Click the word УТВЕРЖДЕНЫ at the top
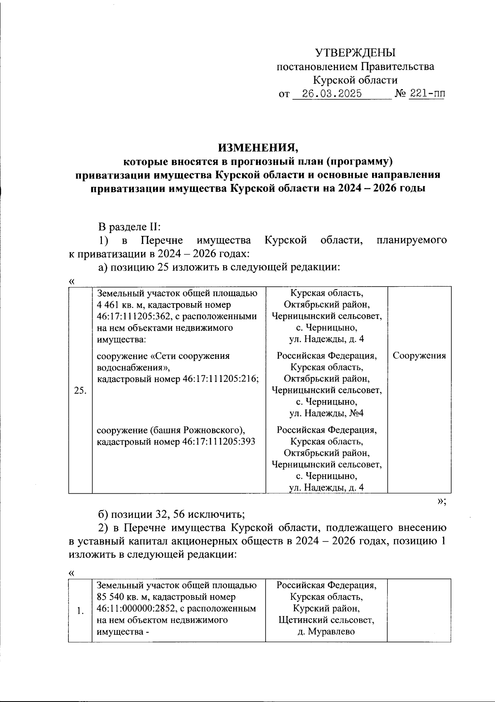355,53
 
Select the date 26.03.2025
332,94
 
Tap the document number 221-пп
427,94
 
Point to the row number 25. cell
80,391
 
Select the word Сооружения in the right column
419,356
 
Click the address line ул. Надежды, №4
326,413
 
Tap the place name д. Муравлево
326,631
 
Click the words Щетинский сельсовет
326,620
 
